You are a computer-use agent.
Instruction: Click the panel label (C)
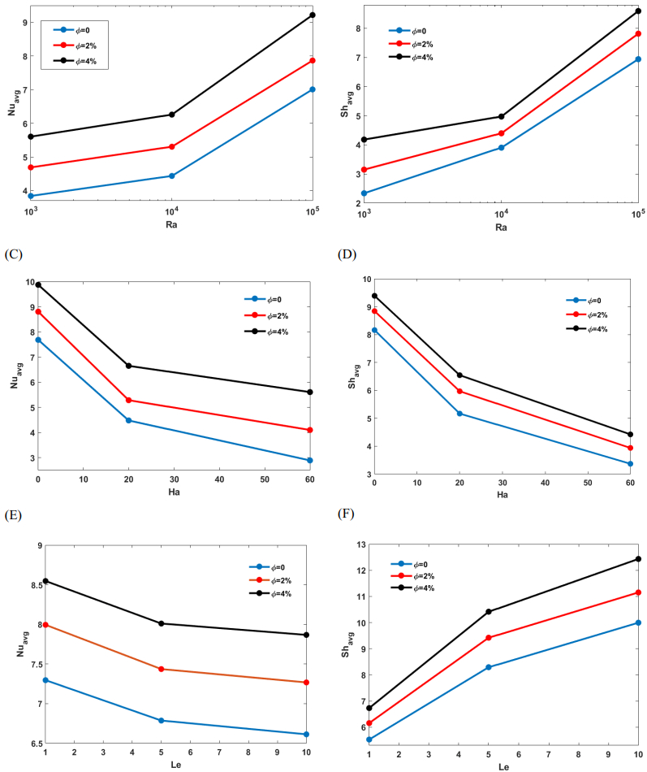[13, 255]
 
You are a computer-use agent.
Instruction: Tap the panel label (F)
[347, 514]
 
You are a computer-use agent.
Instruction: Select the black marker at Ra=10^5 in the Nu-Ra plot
[313, 15]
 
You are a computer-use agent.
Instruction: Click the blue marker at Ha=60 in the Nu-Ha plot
[309, 461]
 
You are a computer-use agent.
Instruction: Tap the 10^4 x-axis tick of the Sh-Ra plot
[501, 215]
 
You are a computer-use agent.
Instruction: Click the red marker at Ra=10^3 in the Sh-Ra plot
[364, 170]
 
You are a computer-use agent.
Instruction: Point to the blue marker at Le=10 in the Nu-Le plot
[306, 735]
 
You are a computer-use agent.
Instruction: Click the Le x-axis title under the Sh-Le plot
[503, 765]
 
